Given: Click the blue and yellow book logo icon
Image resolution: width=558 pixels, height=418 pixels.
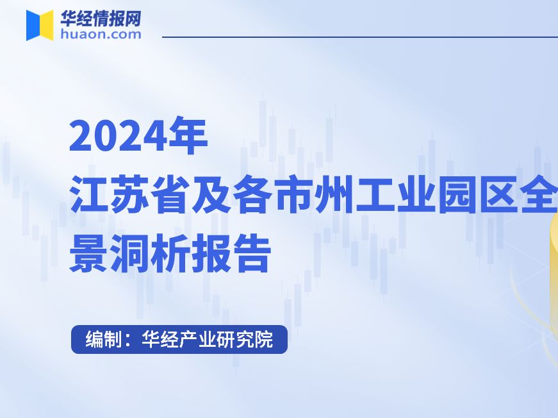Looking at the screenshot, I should coord(40,25).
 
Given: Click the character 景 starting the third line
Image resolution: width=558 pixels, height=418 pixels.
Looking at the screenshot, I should coord(88,253).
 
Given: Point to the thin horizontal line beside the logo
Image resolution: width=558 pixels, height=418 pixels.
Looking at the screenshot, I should coord(359,37).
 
